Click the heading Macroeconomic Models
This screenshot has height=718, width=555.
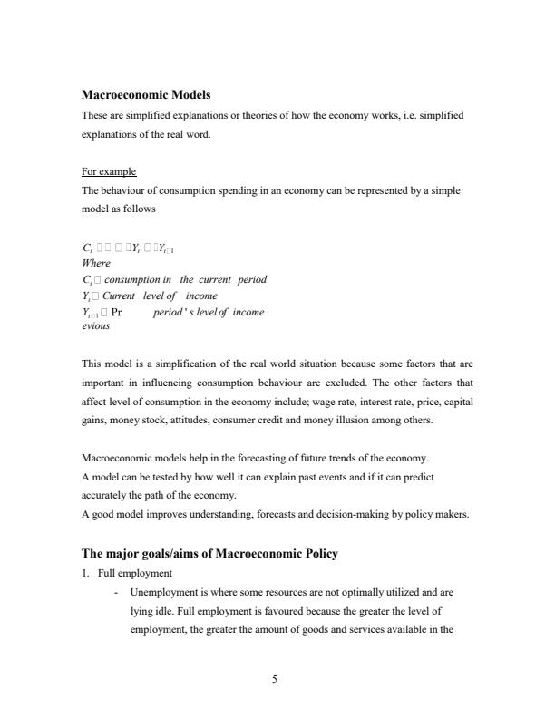tap(152, 94)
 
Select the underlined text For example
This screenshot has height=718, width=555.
tap(109, 171)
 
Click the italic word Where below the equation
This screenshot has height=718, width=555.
tap(95, 264)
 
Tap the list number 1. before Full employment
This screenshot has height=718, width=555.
tap(86, 574)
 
